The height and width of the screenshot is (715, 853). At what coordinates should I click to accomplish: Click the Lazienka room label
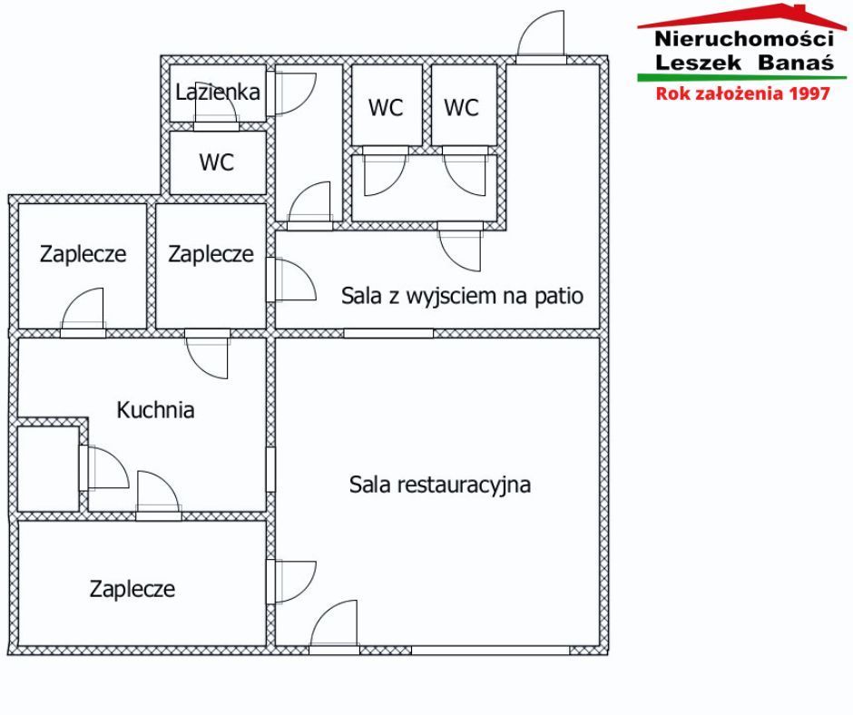[218, 92]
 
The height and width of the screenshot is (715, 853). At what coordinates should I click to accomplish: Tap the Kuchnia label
[155, 410]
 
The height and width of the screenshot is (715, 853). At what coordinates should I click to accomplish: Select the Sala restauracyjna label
[440, 485]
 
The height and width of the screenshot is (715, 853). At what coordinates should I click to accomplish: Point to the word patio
[559, 296]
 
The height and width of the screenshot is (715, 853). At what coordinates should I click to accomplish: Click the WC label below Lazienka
[217, 162]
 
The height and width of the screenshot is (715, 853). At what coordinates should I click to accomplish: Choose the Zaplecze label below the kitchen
[132, 589]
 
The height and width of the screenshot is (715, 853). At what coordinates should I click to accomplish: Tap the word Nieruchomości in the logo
[744, 39]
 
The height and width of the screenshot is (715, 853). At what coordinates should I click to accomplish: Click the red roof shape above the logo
[742, 16]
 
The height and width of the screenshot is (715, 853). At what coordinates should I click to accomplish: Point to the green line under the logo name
[742, 78]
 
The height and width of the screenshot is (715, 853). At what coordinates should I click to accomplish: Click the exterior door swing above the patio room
[541, 34]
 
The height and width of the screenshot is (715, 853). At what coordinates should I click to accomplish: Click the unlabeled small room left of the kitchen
[48, 468]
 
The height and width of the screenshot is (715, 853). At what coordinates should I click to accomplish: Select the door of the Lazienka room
[217, 114]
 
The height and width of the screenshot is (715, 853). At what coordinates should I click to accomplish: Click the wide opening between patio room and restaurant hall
[388, 333]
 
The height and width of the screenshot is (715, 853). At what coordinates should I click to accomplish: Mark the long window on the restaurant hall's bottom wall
[490, 651]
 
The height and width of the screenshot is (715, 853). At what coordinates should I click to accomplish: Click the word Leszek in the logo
[698, 62]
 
